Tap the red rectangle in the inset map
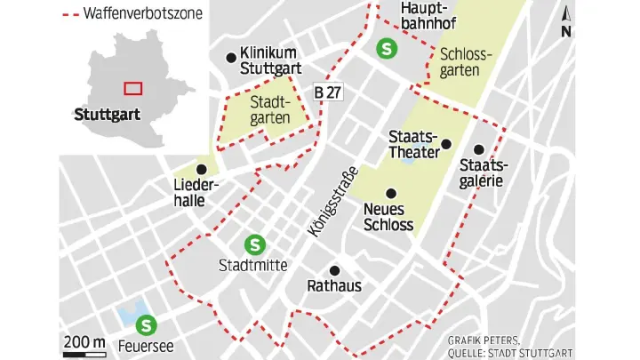coord(132,87)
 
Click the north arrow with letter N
coord(567,21)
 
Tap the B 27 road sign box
coord(326,92)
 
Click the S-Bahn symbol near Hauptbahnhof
coord(387,50)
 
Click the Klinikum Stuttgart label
coord(272,60)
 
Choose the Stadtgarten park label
coord(270,109)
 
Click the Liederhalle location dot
coord(202,169)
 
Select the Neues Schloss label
coord(388,217)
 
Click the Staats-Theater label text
coord(413,144)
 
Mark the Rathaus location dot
coord(334,270)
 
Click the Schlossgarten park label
coord(465,61)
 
